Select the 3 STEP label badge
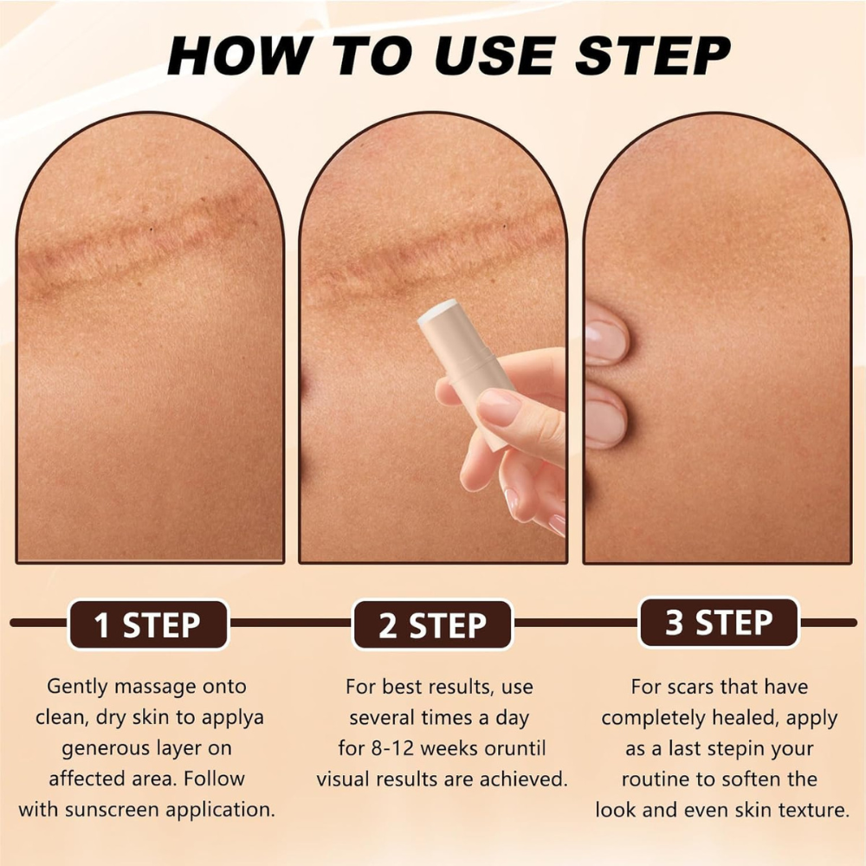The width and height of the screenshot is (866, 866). (x=719, y=623)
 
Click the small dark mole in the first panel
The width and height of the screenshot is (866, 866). (x=152, y=229)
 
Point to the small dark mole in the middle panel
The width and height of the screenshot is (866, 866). (x=503, y=228)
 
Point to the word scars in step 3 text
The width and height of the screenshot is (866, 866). (x=701, y=687)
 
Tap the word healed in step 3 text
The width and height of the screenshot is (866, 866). (x=757, y=718)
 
